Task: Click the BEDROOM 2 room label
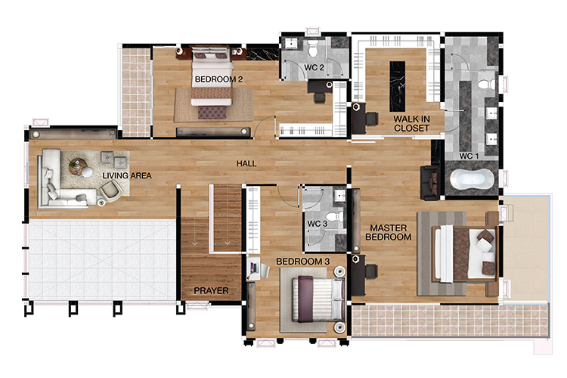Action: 218,79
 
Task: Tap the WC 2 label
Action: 314,67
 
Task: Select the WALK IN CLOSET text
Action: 411,123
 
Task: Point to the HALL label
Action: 246,164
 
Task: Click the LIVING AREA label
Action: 127,176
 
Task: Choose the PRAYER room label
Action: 211,290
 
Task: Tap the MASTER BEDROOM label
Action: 389,233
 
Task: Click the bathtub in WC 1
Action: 472,180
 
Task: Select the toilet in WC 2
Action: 313,48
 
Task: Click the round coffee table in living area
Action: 78,166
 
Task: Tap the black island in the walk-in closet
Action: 397,86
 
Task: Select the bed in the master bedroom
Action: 465,254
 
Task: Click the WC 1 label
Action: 469,156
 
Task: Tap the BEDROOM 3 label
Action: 303,262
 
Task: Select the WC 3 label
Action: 317,224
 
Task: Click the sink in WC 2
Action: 290,43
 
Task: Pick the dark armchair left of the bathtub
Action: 429,183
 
